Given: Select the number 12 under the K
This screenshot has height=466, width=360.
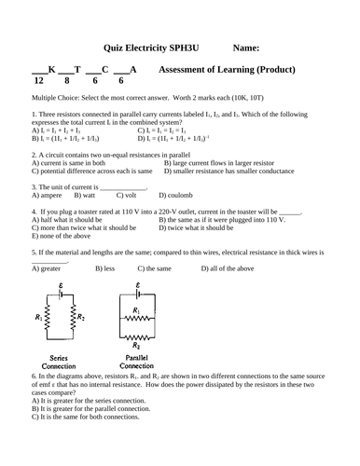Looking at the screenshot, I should (x=39, y=83).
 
